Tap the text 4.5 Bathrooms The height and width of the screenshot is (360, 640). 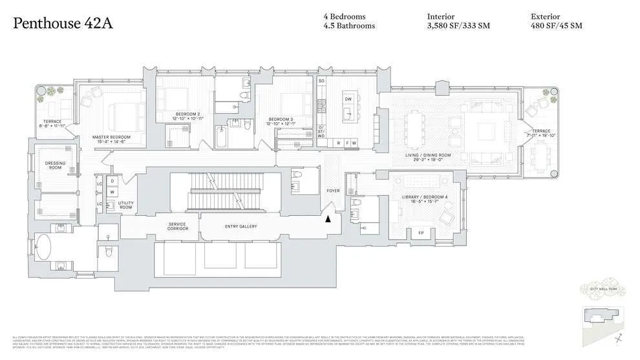click(x=349, y=26)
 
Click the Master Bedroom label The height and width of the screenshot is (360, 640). click(x=111, y=137)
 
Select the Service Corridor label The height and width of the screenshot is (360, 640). click(x=178, y=226)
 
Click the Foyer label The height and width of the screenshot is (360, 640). click(x=333, y=191)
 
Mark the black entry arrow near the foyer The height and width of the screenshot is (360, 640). click(x=328, y=219)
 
